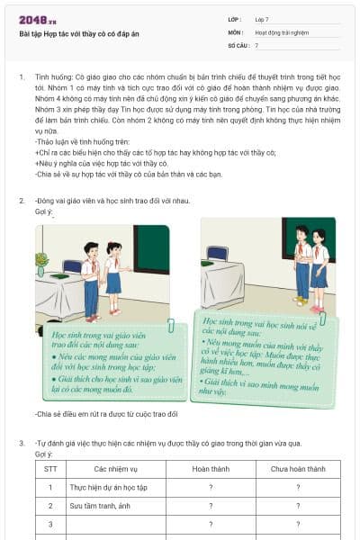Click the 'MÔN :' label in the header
tap(211, 31)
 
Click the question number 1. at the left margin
tap(22, 77)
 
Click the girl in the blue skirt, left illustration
tap(113, 275)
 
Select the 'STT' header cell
tap(50, 469)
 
